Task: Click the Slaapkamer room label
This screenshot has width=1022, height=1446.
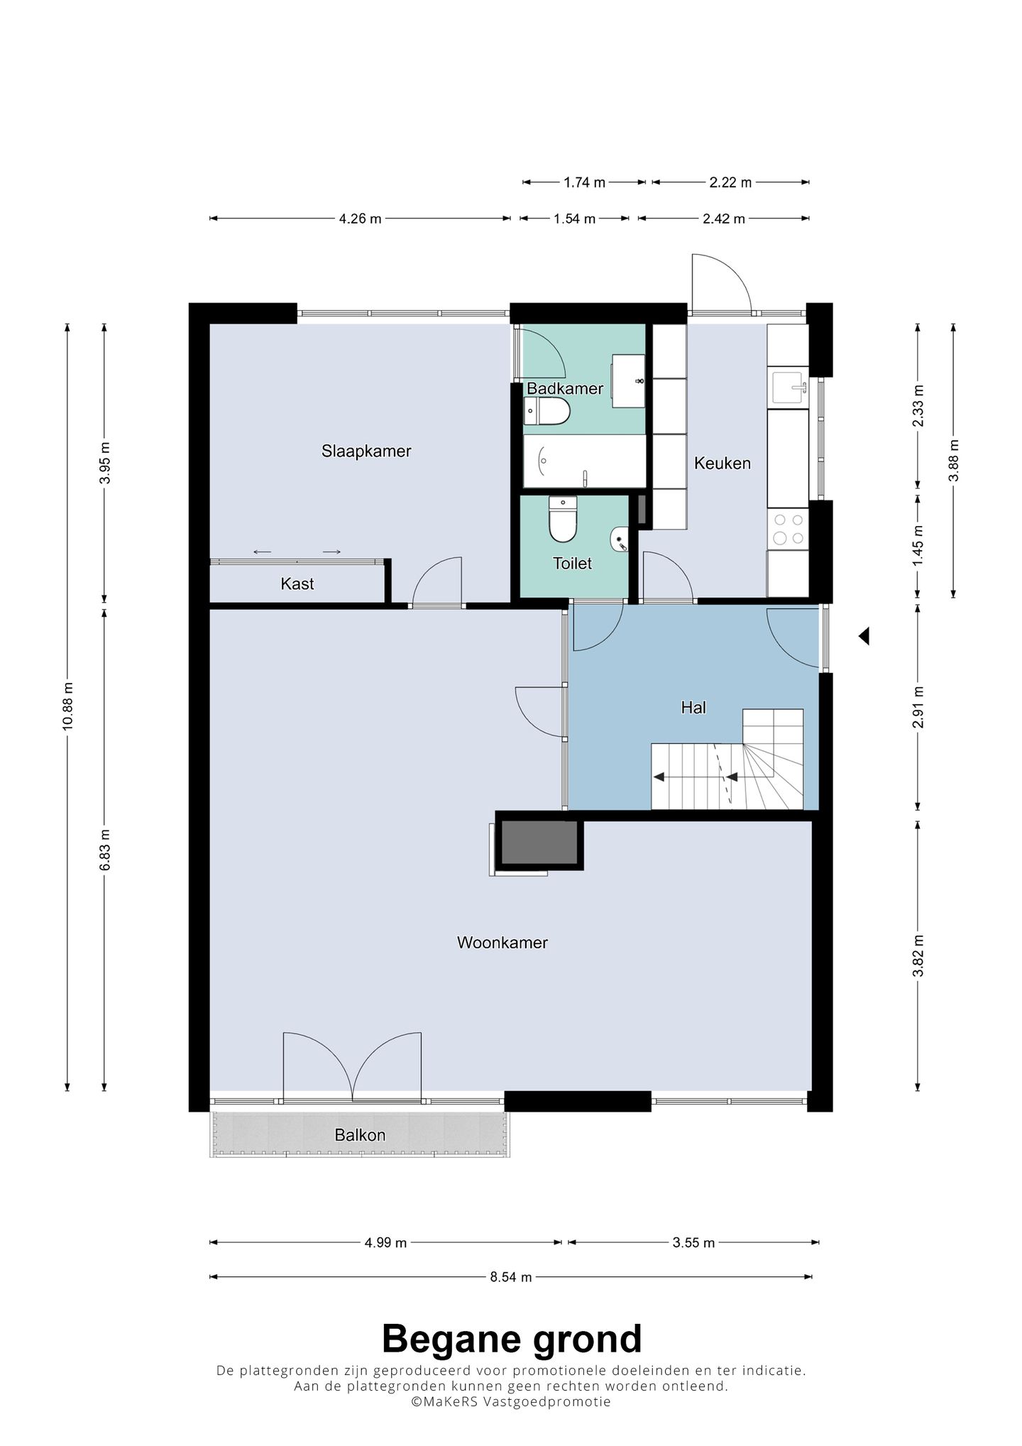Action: tap(366, 451)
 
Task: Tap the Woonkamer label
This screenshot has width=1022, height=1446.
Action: tap(502, 943)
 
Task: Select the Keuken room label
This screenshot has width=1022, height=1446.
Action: tap(722, 464)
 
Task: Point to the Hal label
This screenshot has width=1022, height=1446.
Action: tap(693, 708)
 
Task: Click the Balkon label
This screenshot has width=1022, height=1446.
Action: tap(360, 1135)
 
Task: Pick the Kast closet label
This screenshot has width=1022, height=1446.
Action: tap(297, 584)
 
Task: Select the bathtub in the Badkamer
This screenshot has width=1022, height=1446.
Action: tap(585, 461)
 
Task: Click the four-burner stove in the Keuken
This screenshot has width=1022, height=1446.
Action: tap(789, 530)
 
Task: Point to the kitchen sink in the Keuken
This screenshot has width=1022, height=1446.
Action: tap(789, 388)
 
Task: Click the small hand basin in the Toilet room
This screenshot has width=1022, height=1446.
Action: tap(620, 540)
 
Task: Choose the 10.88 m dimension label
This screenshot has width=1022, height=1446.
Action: tap(68, 706)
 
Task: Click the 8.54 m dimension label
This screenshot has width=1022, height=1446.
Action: tap(510, 1277)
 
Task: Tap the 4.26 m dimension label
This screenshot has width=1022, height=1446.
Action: tap(361, 219)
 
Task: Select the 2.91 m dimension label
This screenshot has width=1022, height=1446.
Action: tap(919, 707)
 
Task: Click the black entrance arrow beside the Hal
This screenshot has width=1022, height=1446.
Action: tap(864, 636)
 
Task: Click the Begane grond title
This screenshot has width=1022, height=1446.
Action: tap(512, 1340)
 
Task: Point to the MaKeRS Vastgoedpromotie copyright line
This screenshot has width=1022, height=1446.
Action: tap(511, 1402)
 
